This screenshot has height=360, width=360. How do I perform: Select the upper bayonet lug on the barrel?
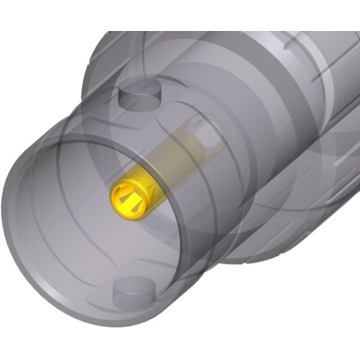[x=139, y=94]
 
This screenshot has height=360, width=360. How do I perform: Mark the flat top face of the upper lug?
[x=139, y=88]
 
